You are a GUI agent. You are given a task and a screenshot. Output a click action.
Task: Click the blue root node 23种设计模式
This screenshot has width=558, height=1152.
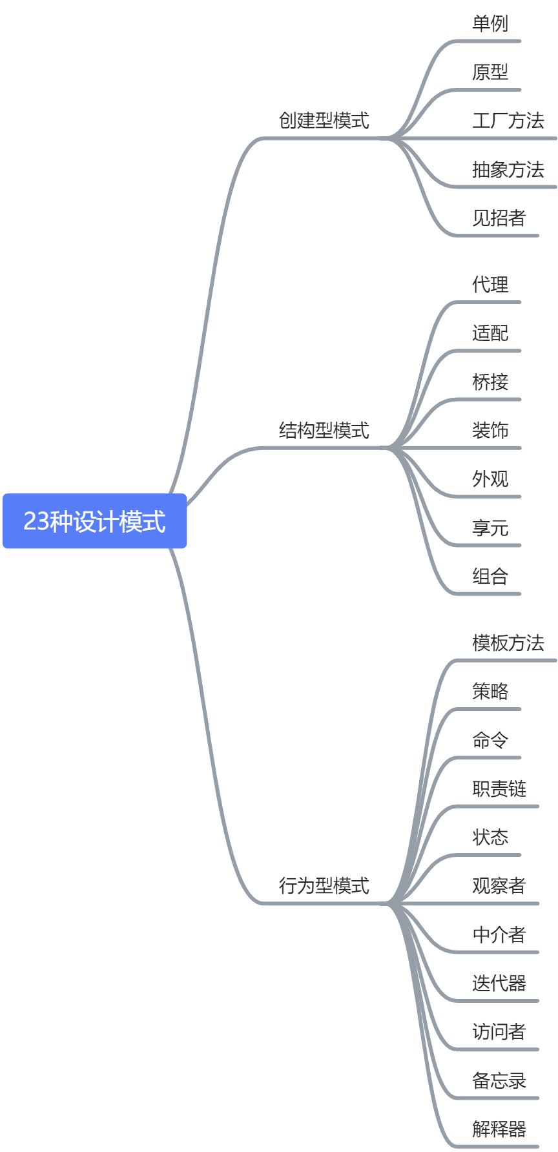(x=94, y=521)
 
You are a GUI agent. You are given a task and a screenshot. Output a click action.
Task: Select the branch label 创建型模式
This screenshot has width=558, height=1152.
(x=324, y=121)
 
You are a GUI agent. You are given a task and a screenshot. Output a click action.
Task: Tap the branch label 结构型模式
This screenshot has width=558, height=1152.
(x=324, y=430)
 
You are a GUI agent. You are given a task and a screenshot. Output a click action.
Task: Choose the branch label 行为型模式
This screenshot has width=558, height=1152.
(x=324, y=885)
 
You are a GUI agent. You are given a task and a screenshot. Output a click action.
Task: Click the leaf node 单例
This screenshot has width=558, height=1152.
(x=490, y=24)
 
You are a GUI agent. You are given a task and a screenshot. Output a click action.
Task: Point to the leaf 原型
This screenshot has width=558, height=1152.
(x=490, y=72)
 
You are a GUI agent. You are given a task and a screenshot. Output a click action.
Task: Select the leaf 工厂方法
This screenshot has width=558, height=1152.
(x=508, y=121)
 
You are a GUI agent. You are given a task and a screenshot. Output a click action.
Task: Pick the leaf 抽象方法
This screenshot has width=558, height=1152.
(x=508, y=170)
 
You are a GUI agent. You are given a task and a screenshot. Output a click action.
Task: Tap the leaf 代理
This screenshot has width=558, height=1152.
(x=490, y=285)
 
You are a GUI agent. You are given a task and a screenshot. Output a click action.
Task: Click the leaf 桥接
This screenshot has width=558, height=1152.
(x=490, y=382)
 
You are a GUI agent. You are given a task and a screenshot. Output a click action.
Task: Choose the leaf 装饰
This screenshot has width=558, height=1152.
(x=490, y=431)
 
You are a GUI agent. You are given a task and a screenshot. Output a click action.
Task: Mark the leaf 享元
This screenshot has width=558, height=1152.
(x=490, y=528)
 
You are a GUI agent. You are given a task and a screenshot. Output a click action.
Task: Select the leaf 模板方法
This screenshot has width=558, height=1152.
(x=508, y=643)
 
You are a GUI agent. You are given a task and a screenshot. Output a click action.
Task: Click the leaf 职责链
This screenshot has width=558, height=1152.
(x=499, y=789)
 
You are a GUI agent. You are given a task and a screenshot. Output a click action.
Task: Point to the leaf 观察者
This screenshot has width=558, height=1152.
(x=499, y=886)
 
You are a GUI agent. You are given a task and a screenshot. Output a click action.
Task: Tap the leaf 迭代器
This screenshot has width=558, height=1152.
(x=499, y=983)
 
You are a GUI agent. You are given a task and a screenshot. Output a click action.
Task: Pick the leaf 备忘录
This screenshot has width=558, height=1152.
(x=499, y=1080)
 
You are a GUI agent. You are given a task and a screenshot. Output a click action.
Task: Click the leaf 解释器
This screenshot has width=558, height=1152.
(x=499, y=1129)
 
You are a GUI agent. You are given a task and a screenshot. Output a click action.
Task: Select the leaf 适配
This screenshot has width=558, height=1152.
(x=490, y=333)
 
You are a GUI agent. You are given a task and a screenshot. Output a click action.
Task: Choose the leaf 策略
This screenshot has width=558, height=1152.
(x=490, y=692)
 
